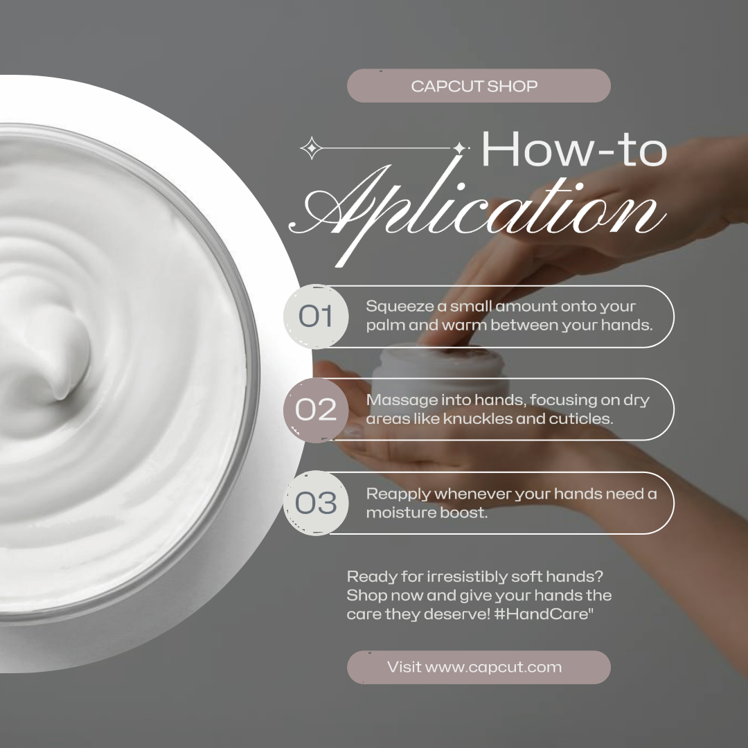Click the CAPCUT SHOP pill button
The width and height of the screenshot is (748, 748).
point(479,86)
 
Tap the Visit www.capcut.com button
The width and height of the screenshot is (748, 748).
point(479,667)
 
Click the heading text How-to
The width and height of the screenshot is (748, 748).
point(574,149)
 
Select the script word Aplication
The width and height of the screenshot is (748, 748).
point(477,210)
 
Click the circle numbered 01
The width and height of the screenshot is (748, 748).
point(316,316)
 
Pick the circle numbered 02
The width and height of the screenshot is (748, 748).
point(316,410)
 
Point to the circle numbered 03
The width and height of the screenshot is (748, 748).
point(316,503)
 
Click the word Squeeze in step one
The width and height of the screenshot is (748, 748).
point(400,307)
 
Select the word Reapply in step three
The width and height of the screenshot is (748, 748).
point(398,495)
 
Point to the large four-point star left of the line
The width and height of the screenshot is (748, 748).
point(312,148)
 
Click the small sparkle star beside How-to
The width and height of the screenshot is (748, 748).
point(459,148)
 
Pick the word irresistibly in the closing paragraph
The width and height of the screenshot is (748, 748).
point(466,577)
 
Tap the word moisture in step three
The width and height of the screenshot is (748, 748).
point(400,513)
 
